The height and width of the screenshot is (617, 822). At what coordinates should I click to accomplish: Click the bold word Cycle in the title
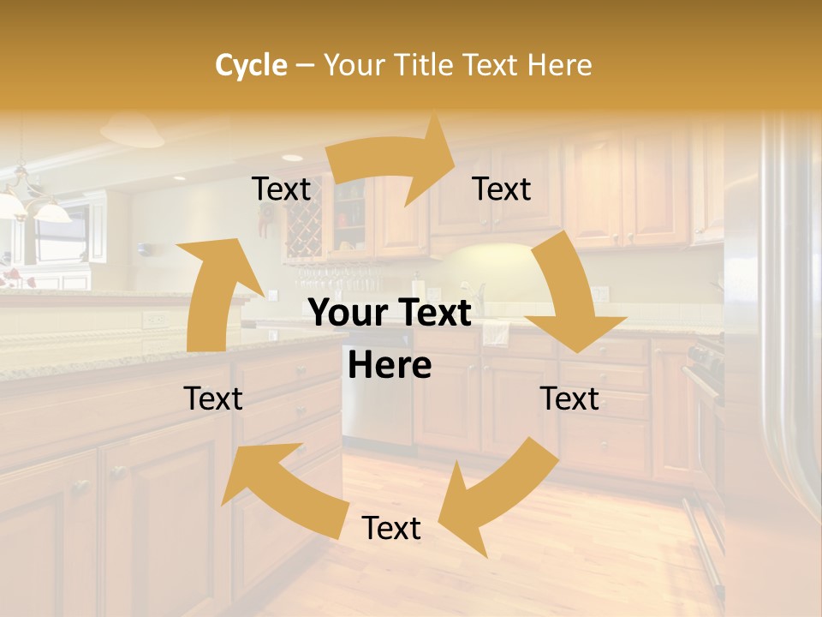(x=251, y=65)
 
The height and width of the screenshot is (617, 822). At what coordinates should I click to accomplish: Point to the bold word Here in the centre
(x=390, y=365)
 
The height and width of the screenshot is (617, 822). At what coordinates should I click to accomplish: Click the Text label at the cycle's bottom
(x=391, y=529)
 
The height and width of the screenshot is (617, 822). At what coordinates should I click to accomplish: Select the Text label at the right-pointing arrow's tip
(x=502, y=189)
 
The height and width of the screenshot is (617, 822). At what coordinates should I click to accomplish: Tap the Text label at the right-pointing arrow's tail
(x=281, y=189)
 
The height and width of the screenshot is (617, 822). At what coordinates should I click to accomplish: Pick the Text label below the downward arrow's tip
(x=569, y=398)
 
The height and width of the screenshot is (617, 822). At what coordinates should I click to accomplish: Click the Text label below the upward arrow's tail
(x=213, y=398)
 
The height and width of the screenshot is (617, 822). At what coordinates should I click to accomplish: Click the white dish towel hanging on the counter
(x=496, y=332)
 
